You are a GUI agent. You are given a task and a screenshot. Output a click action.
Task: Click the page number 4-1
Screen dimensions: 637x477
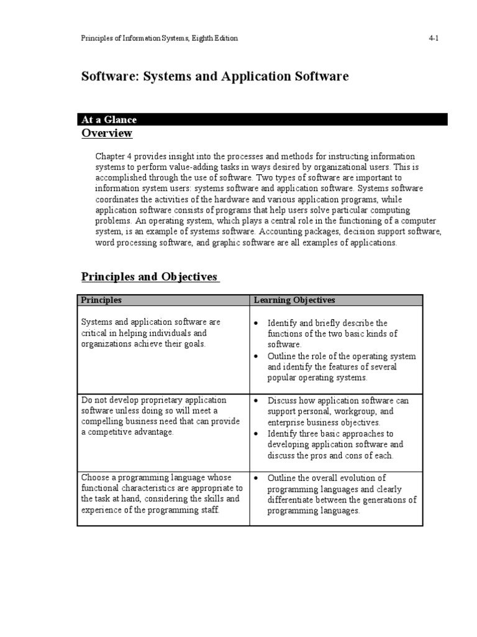coord(434,39)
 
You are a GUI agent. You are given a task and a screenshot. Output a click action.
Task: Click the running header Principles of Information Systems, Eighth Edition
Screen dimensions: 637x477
coord(160,39)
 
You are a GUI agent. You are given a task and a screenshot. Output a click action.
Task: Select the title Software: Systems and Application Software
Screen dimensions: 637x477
coord(215,77)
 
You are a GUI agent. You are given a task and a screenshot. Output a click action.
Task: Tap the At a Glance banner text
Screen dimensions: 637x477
coord(109,119)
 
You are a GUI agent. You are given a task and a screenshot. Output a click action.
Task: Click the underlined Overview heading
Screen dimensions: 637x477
coord(107,134)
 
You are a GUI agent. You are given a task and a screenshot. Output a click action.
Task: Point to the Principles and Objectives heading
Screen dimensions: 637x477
coord(150,277)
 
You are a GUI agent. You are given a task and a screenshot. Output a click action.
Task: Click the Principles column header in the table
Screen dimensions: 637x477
coord(101,300)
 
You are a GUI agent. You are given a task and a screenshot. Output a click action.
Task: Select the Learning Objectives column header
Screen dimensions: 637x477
coord(294,300)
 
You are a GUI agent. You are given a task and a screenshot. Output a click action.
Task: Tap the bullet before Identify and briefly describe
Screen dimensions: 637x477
coord(257,323)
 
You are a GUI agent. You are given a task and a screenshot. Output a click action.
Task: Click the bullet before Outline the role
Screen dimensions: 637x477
coord(257,356)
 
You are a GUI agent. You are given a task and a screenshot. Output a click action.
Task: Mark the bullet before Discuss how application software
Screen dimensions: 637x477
coord(257,401)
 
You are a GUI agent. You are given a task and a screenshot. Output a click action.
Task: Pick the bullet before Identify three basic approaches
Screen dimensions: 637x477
coord(257,434)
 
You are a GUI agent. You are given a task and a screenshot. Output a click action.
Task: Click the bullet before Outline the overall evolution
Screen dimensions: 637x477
coord(257,478)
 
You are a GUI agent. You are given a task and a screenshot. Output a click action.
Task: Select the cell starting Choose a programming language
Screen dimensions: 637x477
coord(162,494)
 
